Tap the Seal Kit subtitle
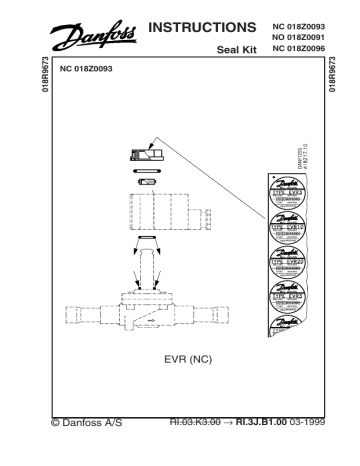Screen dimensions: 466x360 tap(236, 47)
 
